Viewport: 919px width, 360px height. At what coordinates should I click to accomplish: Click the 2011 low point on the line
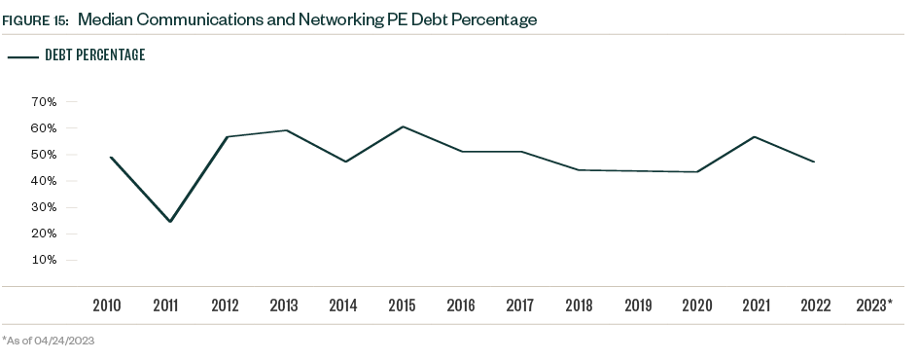(170, 222)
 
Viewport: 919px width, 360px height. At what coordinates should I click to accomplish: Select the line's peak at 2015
(403, 126)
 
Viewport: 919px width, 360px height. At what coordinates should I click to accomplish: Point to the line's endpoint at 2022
(814, 162)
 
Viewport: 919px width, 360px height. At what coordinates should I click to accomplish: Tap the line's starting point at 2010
(110, 157)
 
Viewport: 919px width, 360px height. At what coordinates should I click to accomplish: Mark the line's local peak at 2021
(755, 136)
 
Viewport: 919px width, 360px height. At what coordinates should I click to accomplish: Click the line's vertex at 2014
(343, 162)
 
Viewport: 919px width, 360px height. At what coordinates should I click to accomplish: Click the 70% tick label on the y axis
(45, 101)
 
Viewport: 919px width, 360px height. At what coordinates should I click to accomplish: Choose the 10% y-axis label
(45, 260)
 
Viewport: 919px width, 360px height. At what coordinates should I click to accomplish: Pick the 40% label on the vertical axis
(45, 181)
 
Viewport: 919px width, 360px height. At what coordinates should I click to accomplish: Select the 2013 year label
(284, 306)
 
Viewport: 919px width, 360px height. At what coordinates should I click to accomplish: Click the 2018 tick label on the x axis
(579, 306)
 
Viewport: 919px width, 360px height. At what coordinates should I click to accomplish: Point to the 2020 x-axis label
(696, 306)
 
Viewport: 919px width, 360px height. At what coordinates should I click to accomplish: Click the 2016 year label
(461, 306)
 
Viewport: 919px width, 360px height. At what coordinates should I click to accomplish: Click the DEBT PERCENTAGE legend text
(95, 55)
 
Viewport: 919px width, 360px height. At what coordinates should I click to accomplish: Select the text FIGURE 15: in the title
(34, 19)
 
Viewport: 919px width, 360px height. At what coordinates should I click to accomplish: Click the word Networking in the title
(346, 19)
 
